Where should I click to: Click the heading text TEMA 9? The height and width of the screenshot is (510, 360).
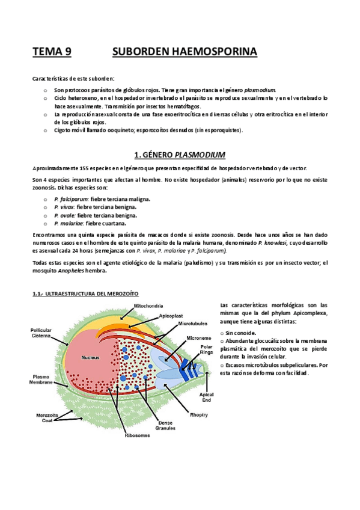[52, 52]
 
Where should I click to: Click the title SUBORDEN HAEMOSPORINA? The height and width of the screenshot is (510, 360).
[185, 52]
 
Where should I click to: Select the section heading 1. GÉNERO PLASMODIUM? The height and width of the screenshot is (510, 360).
[180, 154]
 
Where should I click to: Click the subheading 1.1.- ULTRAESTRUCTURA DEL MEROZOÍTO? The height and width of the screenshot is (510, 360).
[85, 294]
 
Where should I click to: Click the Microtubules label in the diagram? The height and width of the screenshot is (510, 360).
[194, 324]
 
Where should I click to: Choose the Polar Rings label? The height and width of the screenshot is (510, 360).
[206, 349]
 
